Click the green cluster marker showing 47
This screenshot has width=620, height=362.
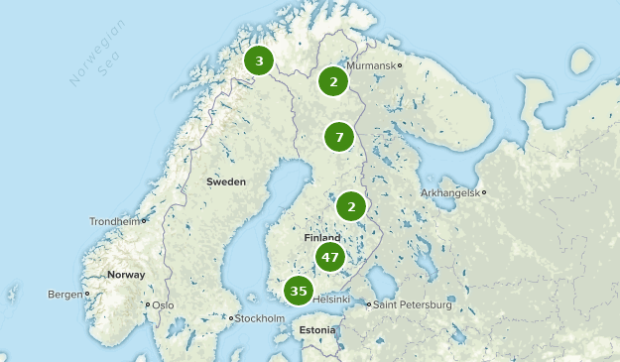pyautogui.click(x=330, y=258)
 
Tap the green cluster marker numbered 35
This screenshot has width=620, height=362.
pyautogui.click(x=299, y=291)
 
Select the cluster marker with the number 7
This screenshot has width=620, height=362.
pyautogui.click(x=339, y=137)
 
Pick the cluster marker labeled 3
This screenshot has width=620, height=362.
pyautogui.click(x=259, y=61)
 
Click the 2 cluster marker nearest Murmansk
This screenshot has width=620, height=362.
pyautogui.click(x=334, y=81)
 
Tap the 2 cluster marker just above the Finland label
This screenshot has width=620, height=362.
pyautogui.click(x=351, y=206)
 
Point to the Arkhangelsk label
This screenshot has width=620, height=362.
pyautogui.click(x=448, y=192)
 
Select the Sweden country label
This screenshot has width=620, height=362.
pyautogui.click(x=225, y=181)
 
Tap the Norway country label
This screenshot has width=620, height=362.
pyautogui.click(x=126, y=275)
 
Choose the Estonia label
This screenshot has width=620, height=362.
pyautogui.click(x=317, y=329)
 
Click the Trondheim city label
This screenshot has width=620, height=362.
pyautogui.click(x=114, y=221)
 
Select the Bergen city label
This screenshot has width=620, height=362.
pyautogui.click(x=64, y=295)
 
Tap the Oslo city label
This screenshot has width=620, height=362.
pyautogui.click(x=162, y=305)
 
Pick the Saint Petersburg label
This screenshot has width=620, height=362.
pyautogui.click(x=413, y=305)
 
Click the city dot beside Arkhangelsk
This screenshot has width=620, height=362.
pyautogui.click(x=484, y=192)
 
